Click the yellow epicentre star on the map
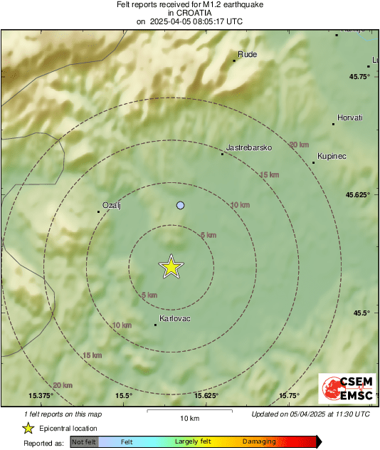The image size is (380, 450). [x=171, y=266]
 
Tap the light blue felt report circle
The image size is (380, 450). [x=180, y=205]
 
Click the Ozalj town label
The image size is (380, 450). [x=113, y=205]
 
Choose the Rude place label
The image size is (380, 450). [x=248, y=54]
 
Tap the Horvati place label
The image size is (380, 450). [x=349, y=117]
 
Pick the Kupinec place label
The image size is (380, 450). [x=332, y=156]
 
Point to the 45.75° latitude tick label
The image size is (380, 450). [x=358, y=77]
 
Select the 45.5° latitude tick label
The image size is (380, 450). [x=360, y=313]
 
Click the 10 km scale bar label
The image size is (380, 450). [x=189, y=418]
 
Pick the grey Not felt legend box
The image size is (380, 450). [x=84, y=441]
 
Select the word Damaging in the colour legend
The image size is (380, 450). [x=259, y=441]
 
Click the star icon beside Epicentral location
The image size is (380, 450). [x=28, y=428]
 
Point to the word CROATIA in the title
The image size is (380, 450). [x=190, y=13]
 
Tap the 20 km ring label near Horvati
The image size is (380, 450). [x=299, y=145]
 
